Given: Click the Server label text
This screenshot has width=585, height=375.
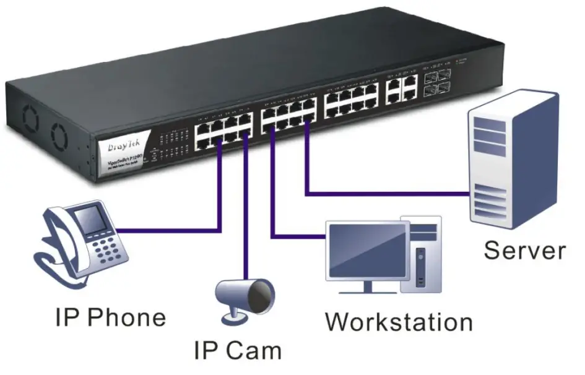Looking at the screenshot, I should pos(524,251).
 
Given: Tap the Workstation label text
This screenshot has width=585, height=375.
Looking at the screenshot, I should pos(399,322).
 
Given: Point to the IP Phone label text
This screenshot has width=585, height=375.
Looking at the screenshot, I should pos(110,317).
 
